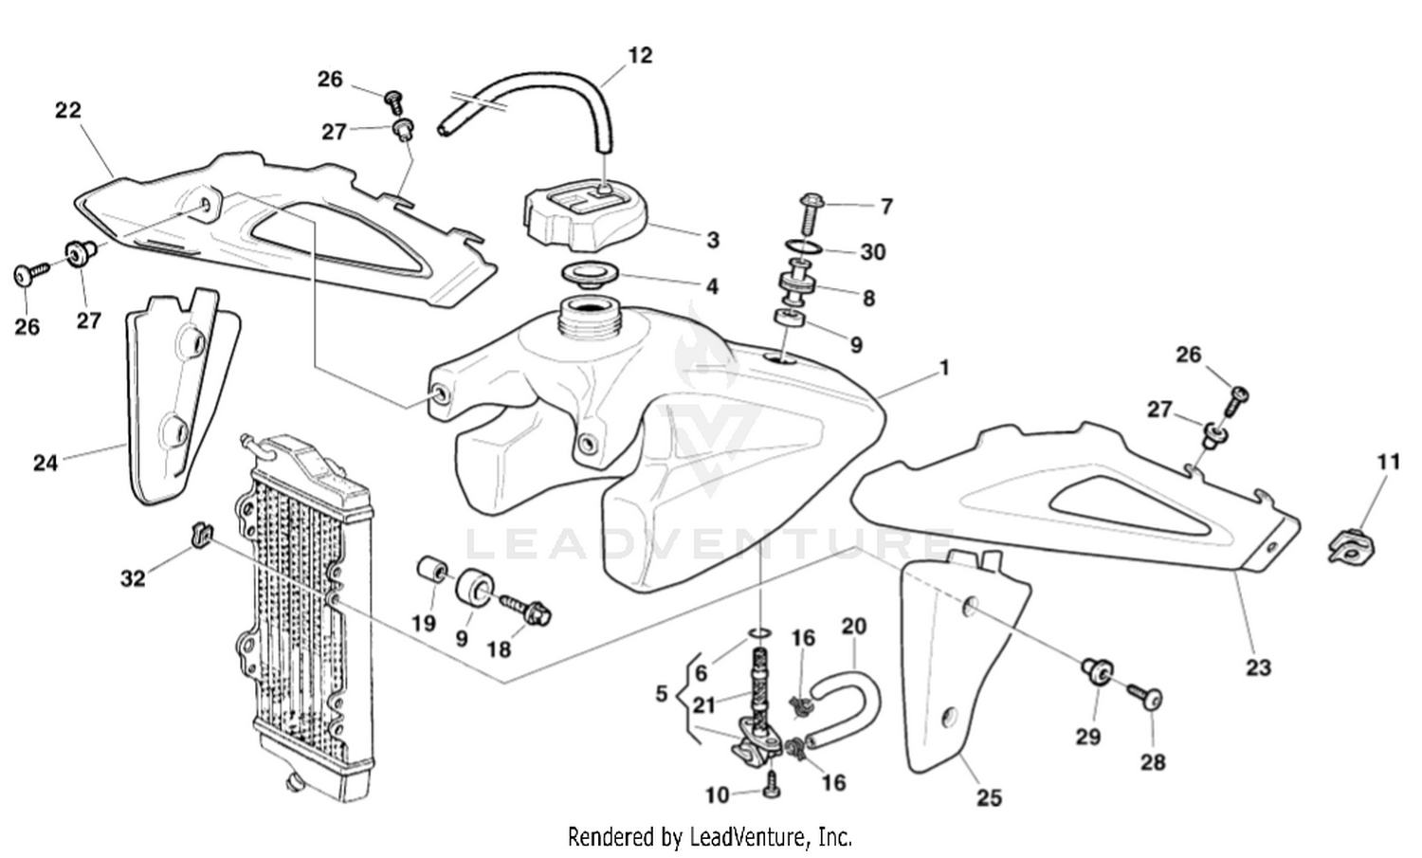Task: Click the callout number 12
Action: (x=641, y=55)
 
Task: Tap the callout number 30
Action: (x=872, y=251)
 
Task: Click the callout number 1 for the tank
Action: (x=944, y=368)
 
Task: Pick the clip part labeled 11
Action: (x=1353, y=547)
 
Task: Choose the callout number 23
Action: (x=1258, y=667)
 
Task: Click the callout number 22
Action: (x=68, y=110)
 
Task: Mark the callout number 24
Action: (x=46, y=463)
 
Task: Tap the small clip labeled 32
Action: (x=200, y=535)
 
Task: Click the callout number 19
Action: (x=423, y=623)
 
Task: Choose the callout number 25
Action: (x=989, y=797)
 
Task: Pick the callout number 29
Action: (x=1088, y=736)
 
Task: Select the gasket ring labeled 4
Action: (x=591, y=276)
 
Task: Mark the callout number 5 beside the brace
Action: (x=662, y=694)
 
